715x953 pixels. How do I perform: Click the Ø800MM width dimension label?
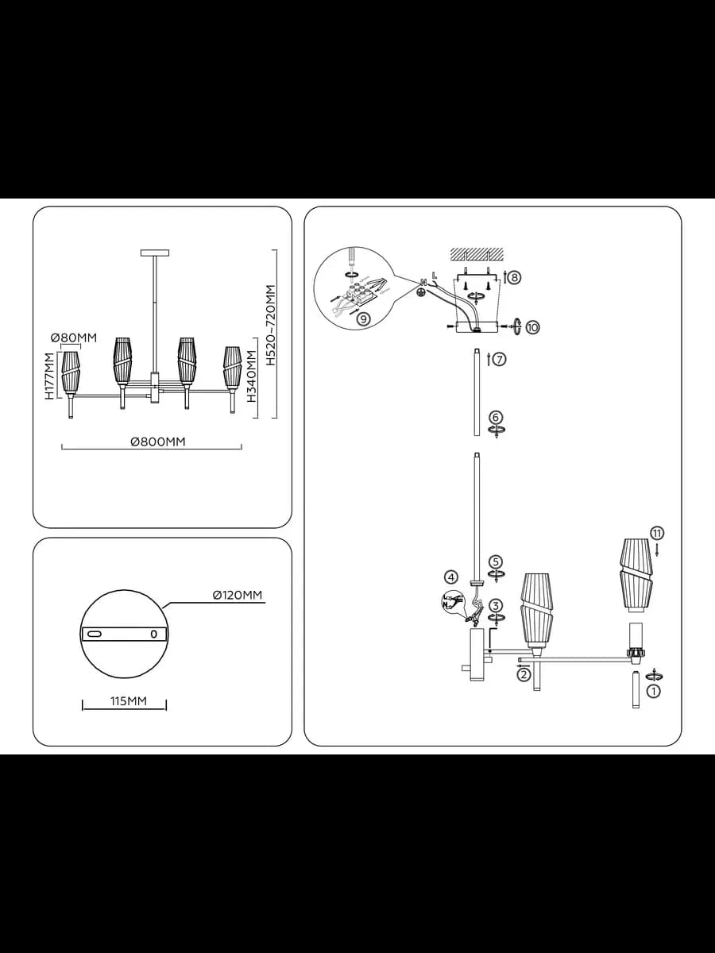point(157,442)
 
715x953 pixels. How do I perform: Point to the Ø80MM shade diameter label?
point(73,337)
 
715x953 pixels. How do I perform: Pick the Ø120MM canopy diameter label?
point(238,595)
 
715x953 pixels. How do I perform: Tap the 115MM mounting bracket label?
point(129,701)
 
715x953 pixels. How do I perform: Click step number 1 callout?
point(653,692)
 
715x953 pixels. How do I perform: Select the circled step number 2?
point(524,674)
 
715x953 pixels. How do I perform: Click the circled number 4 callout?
point(451,577)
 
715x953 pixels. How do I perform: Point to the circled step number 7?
point(500,359)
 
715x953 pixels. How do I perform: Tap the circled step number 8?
point(514,277)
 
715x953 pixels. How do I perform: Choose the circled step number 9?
point(363,318)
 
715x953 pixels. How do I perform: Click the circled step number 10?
point(532,327)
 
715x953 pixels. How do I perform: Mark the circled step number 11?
point(657,532)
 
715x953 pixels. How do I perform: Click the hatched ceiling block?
point(477,254)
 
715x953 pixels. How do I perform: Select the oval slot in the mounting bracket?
point(95,635)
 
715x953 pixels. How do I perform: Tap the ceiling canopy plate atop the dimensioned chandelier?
point(155,253)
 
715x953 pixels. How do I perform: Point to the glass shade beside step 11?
point(636,575)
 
